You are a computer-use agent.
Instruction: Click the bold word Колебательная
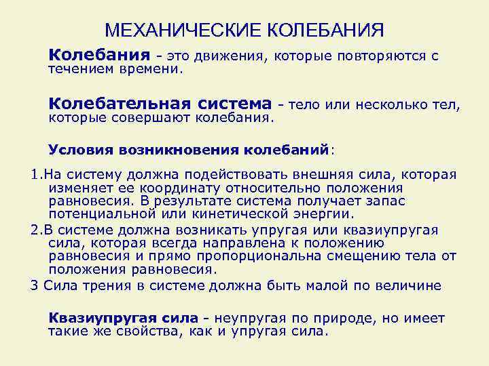click(120, 104)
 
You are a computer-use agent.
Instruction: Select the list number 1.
click(35, 175)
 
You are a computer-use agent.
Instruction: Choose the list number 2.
click(35, 230)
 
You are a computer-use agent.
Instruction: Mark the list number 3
click(35, 285)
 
